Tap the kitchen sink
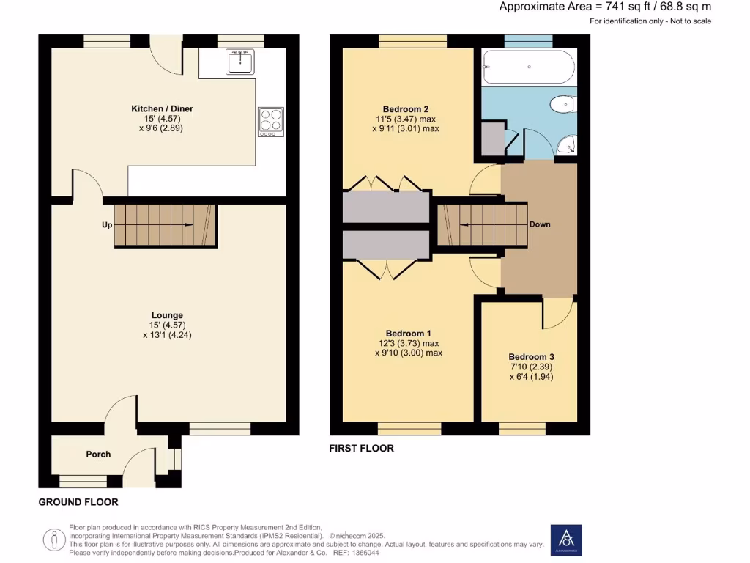(240, 62)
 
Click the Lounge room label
(168, 315)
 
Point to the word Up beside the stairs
(107, 225)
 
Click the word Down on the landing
(540, 224)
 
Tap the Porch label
(98, 455)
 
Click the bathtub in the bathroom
(530, 67)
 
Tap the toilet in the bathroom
(563, 106)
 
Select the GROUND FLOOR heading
(78, 502)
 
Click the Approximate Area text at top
(605, 7)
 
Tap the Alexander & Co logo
(566, 540)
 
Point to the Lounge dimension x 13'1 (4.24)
(168, 335)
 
